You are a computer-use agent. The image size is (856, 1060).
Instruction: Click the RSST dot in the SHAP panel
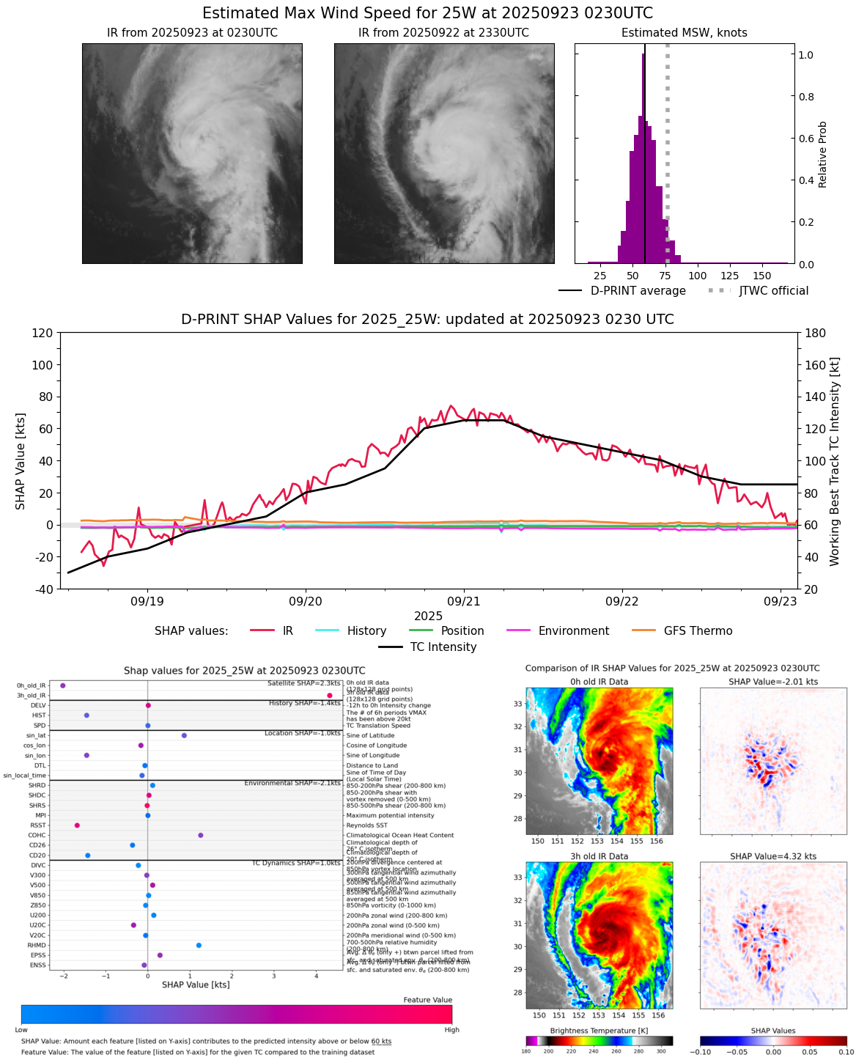pyautogui.click(x=77, y=825)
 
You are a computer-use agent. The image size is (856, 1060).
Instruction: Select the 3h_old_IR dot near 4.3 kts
pyautogui.click(x=330, y=696)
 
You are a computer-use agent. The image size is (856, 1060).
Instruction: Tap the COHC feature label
pyautogui.click(x=37, y=836)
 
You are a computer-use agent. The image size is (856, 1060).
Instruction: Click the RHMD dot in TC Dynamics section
pyautogui.click(x=199, y=946)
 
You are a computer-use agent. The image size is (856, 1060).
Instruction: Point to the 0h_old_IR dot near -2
pyautogui.click(x=63, y=685)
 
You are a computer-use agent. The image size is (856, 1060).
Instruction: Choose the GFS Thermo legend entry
pyautogui.click(x=698, y=631)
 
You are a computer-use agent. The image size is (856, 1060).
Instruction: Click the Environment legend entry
pyautogui.click(x=573, y=631)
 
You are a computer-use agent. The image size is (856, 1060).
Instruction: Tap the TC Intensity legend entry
pyautogui.click(x=443, y=647)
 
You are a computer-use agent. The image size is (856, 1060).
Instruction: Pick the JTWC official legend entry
pyautogui.click(x=773, y=291)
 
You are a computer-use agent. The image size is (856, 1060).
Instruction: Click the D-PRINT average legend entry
pyautogui.click(x=638, y=291)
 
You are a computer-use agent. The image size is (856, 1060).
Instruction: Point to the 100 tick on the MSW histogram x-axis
pyautogui.click(x=698, y=276)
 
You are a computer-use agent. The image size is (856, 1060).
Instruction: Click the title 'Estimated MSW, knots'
pyautogui.click(x=685, y=33)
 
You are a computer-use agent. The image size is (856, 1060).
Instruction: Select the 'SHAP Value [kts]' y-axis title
pyautogui.click(x=21, y=460)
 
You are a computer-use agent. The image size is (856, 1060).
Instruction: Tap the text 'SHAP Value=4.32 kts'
pyautogui.click(x=773, y=856)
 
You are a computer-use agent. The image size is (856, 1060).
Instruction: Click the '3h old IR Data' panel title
pyautogui.click(x=599, y=856)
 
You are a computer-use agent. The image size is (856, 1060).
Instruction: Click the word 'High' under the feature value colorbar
pyautogui.click(x=452, y=1030)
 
